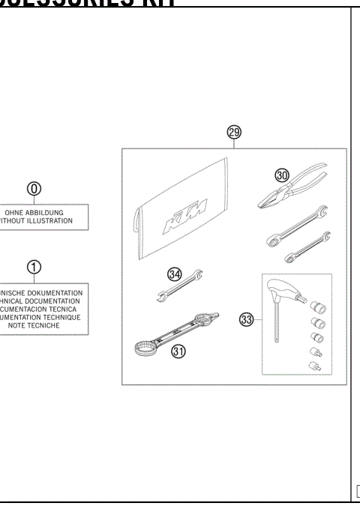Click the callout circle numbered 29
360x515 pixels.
click(x=234, y=133)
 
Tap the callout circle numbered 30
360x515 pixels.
click(x=281, y=175)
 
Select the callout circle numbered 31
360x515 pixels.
click(x=178, y=350)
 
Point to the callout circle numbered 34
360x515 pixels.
click(x=175, y=274)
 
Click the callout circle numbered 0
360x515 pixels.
click(x=34, y=188)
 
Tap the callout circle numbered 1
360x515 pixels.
click(x=34, y=267)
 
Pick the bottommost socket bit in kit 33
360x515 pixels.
click(x=314, y=365)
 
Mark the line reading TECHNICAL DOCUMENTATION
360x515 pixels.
click(x=42, y=301)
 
